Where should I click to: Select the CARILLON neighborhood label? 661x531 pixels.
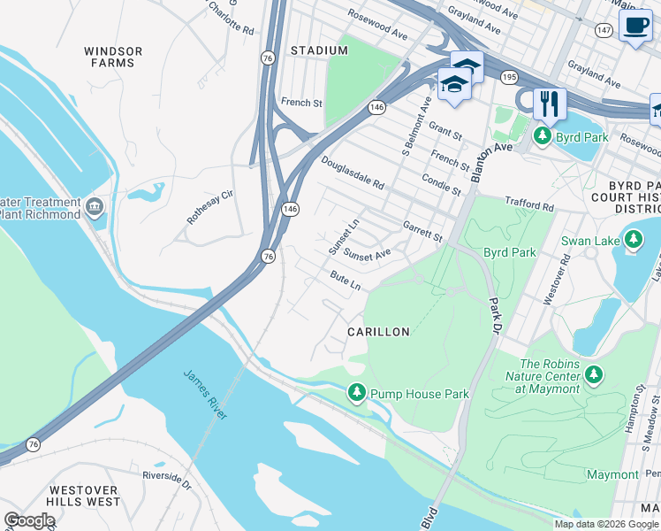coord(378,332)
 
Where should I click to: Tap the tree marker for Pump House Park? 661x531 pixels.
coord(356,392)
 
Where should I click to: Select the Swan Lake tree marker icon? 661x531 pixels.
coord(633,239)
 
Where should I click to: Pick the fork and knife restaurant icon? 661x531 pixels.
coord(550,104)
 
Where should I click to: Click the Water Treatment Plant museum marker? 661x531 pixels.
coord(95,209)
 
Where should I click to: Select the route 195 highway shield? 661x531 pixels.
coord(508,78)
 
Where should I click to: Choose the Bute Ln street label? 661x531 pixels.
coord(346,281)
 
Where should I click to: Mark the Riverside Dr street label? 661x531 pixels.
coord(167,480)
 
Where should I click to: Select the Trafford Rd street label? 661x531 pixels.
coord(528,204)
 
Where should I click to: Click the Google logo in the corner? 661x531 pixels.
coord(29,520)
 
